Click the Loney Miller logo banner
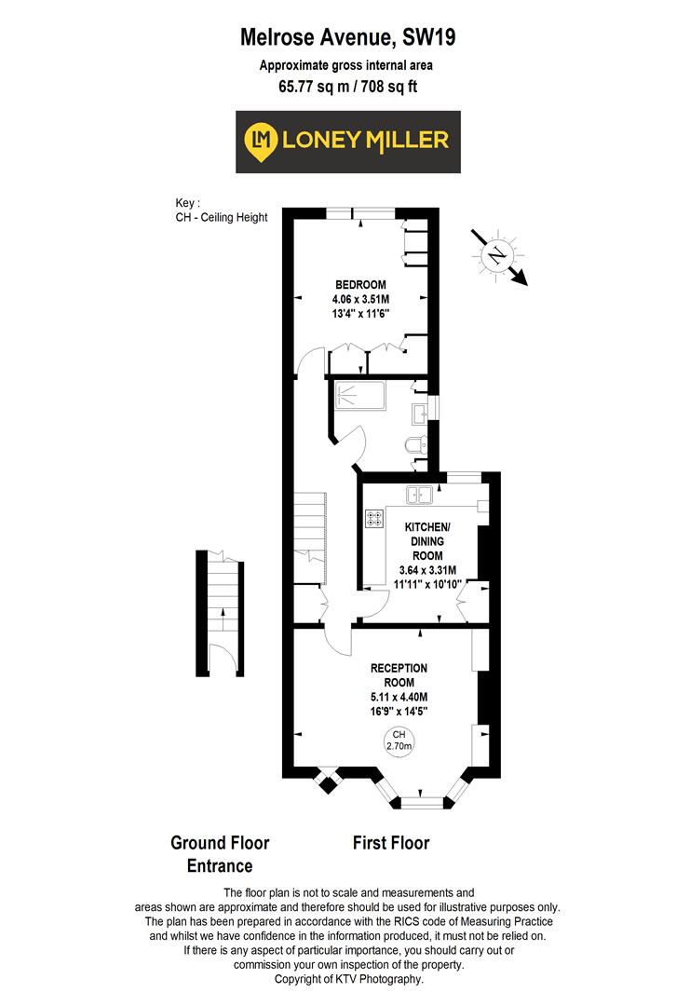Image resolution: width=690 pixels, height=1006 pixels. tap(347, 141)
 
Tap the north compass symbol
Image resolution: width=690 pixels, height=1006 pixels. tap(498, 253)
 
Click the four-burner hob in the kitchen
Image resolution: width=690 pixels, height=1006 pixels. tap(374, 519)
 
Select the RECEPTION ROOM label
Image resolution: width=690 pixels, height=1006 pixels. tap(399, 674)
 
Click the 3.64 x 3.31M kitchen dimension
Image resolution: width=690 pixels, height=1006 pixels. tap(426, 571)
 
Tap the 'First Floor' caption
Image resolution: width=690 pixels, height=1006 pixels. tap(390, 843)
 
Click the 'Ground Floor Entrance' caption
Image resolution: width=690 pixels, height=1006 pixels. tap(220, 854)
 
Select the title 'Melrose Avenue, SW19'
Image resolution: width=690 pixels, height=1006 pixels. tap(347, 37)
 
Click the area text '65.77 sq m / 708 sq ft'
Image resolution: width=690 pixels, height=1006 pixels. tap(346, 88)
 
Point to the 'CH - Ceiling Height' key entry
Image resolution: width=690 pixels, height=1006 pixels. tap(221, 217)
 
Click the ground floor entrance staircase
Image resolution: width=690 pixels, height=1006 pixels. tap(221, 587)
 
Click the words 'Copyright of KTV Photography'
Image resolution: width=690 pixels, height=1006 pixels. tap(348, 979)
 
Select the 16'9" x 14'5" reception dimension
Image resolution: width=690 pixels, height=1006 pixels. tap(399, 712)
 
